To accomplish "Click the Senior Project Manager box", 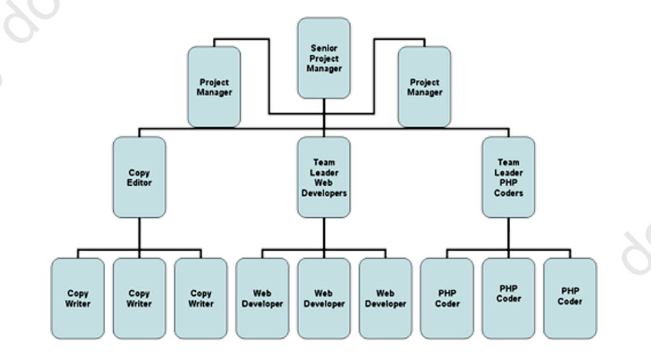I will click(324, 58).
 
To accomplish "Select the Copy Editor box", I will click(139, 177).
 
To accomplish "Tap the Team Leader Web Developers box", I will click(324, 177).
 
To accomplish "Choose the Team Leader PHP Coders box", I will click(508, 177).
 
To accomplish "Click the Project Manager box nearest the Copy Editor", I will click(214, 87).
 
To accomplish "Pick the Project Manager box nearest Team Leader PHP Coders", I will click(424, 87).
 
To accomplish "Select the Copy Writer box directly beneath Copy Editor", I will click(139, 298).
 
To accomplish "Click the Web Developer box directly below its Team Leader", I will click(324, 298).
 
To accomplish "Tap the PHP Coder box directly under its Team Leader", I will click(508, 298).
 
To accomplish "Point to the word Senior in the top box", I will click(324, 48).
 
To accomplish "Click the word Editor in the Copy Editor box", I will click(139, 183).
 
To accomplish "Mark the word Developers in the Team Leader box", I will click(324, 193).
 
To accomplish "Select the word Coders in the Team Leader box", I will click(508, 193).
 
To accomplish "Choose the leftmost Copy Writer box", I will click(77, 298).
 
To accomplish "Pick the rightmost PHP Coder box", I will click(570, 298).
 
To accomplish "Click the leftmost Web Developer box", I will click(262, 298).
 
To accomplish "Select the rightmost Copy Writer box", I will click(200, 298).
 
